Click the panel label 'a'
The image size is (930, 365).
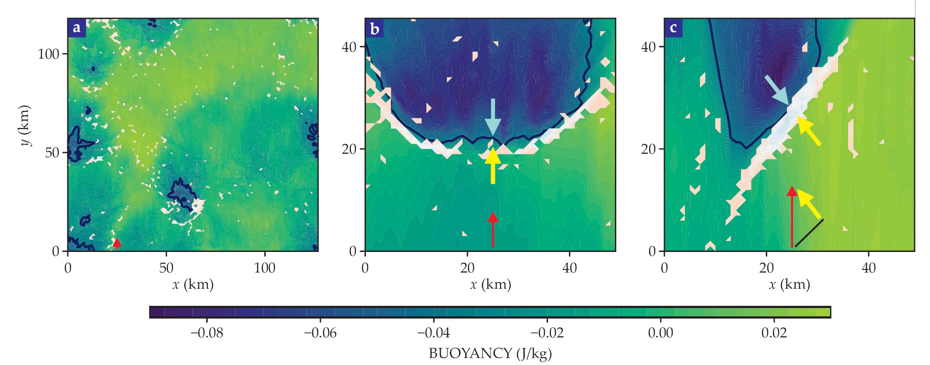pos(77,28)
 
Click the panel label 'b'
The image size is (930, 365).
pos(375,28)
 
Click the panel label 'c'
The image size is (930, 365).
pos(674,28)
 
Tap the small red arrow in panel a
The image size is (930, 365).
pos(116,243)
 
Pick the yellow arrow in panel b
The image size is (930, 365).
pos(493,166)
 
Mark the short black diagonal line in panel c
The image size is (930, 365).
pos(809,233)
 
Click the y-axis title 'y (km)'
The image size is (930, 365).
pos(25,125)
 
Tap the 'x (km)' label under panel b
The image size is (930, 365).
pos(490,285)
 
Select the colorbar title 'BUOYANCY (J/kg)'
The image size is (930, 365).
pos(490,353)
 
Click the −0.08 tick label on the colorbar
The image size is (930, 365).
pos(207,333)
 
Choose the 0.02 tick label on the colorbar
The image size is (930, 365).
pos(774,333)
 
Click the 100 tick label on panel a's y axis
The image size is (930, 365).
pos(48,54)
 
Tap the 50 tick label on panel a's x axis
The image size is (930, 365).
pos(166,268)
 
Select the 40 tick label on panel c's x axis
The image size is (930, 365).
pos(868,268)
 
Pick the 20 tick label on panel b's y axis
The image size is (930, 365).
pos(349,149)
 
